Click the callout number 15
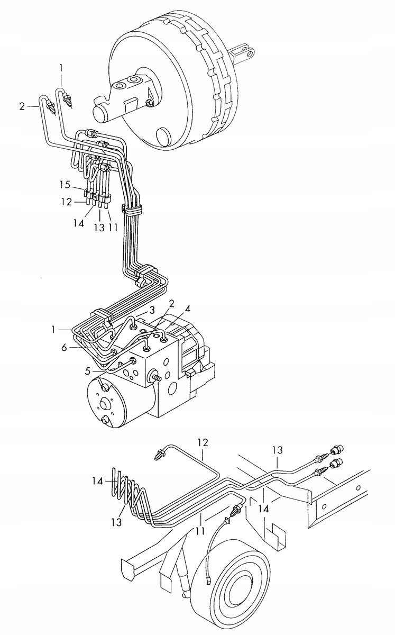point(65,185)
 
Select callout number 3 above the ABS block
point(152,310)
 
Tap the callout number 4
point(187,309)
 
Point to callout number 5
point(88,370)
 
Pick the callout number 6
point(65,347)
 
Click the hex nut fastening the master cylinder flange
point(149,103)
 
